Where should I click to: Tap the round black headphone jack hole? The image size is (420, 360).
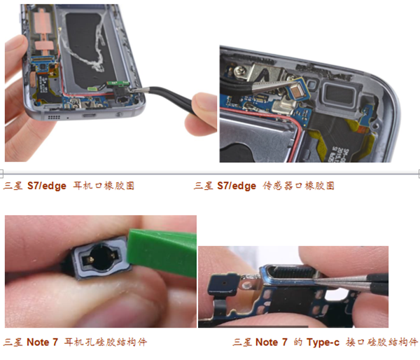(101, 258)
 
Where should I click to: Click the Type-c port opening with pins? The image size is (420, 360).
(291, 273)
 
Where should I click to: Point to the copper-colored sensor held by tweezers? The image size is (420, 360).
(298, 90)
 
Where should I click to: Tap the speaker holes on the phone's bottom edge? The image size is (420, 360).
(54, 117)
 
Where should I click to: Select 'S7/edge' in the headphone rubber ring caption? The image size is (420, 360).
(47, 186)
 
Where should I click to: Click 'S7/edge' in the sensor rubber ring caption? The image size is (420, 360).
(237, 186)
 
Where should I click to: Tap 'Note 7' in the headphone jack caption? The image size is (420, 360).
(42, 342)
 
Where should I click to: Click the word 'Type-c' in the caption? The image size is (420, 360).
(323, 342)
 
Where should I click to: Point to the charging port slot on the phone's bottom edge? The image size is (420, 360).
(89, 116)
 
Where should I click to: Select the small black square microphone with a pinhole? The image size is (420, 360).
(224, 284)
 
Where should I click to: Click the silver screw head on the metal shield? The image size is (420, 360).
(239, 71)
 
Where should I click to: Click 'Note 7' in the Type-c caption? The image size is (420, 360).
(272, 342)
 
